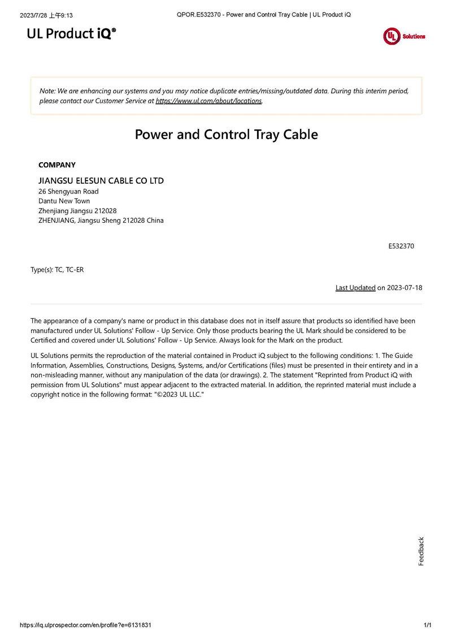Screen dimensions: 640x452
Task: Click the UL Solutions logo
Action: [x=403, y=36]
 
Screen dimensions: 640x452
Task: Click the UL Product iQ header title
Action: [x=71, y=34]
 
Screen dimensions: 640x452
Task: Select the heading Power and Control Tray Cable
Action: [x=226, y=135]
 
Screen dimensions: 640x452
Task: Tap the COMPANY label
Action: [x=56, y=165]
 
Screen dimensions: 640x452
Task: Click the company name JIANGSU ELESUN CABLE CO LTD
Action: [x=101, y=181]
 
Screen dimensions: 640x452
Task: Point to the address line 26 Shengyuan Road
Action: [x=68, y=192]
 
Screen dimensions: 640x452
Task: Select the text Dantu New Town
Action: [x=64, y=201]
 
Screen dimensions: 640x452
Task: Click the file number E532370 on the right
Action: [x=401, y=247]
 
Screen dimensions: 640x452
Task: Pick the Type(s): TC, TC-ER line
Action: [x=57, y=270]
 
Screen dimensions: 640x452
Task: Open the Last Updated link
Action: [x=355, y=288]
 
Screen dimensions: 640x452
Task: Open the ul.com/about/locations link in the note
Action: [x=208, y=101]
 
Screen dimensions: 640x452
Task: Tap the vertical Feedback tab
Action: [x=421, y=551]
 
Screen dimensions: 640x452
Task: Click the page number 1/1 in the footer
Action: [x=427, y=625]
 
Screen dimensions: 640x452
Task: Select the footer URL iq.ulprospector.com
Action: [x=85, y=625]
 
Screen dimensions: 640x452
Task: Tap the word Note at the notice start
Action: [x=47, y=91]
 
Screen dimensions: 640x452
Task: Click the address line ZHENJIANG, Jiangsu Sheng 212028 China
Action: [x=101, y=220]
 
